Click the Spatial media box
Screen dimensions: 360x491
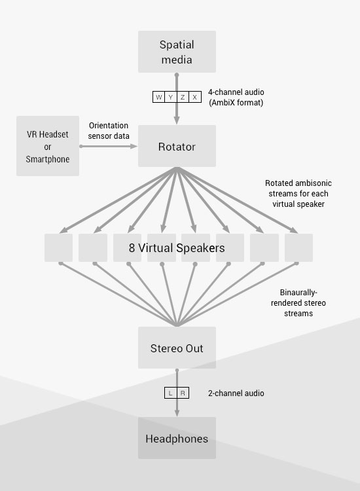(177, 52)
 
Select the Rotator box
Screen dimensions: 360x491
(177, 146)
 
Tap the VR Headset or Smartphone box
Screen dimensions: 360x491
(48, 146)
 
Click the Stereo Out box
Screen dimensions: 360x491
(177, 348)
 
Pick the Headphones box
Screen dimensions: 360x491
(177, 438)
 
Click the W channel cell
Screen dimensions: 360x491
(158, 97)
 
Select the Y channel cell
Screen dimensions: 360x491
(171, 97)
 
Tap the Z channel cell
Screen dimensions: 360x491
(183, 97)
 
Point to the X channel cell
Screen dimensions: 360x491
(195, 97)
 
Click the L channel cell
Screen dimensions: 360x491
(171, 393)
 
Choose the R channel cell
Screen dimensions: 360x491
(183, 393)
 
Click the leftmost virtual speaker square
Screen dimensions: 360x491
(58, 247)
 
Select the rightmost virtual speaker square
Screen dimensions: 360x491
(298, 247)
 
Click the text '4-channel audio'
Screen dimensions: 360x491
(236, 92)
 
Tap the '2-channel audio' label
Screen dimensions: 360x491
(236, 393)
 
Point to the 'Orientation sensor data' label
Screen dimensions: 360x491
(109, 130)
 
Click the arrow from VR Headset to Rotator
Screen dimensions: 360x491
(109, 146)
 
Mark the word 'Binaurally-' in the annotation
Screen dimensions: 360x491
(298, 293)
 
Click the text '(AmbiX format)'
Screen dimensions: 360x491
(236, 102)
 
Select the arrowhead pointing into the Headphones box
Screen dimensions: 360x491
(177, 412)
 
